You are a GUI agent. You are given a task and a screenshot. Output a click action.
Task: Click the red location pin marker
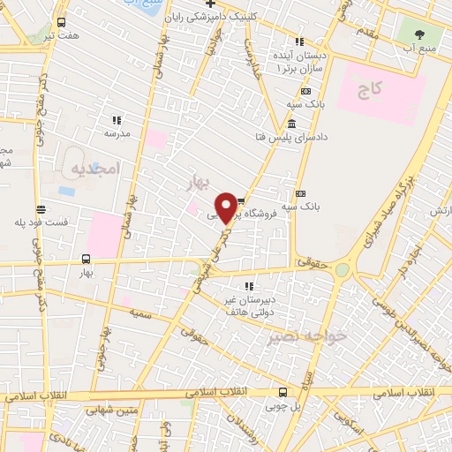coord(227,206)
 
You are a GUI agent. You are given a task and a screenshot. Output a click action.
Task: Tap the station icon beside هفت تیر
coord(60,22)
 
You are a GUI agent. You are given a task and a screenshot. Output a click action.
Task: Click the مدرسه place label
coord(117,133)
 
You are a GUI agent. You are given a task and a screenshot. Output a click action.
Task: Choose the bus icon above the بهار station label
coord(86,259)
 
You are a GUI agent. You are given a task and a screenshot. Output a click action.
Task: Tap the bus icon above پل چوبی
coord(282,393)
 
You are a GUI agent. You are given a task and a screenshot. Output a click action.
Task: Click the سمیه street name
coord(140,313)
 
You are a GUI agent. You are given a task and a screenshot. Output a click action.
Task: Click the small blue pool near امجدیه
coord(66,190)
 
